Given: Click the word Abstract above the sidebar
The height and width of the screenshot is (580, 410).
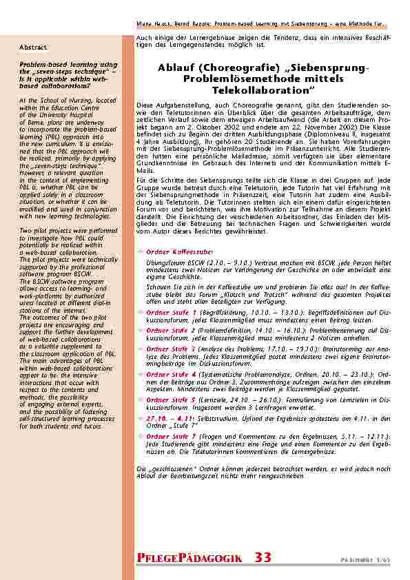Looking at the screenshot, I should point(32,47).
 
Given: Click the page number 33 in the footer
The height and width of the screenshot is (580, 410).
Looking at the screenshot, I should point(263,557).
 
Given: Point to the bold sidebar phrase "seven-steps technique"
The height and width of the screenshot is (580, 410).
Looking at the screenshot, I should point(59,72).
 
